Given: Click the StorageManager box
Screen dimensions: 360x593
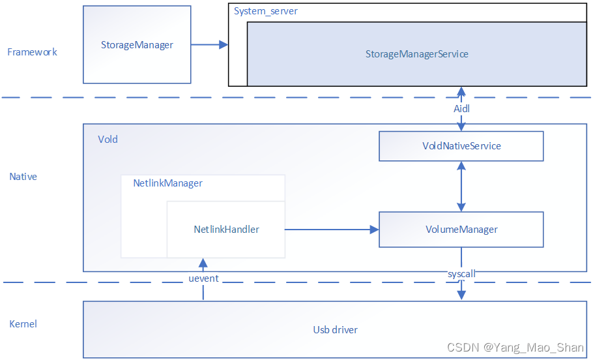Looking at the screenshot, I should pos(137,45).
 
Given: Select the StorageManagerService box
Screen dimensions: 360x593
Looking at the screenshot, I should pos(416,54).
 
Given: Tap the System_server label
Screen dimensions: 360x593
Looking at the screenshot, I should pos(266,11).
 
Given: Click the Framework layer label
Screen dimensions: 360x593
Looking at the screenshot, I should pos(32,52).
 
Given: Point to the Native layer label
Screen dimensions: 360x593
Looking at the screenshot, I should pos(23,177).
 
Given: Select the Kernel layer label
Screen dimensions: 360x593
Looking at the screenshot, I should pos(23,323).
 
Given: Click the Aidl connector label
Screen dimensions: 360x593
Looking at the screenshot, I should pos(461,109).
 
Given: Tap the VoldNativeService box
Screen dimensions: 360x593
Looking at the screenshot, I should pos(461,146).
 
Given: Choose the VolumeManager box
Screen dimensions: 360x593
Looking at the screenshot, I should pos(461,230).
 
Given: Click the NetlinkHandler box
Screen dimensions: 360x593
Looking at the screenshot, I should pos(226,230).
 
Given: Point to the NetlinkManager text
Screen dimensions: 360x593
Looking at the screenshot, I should pos(167,183).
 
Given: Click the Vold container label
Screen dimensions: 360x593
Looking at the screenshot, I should pos(108,139).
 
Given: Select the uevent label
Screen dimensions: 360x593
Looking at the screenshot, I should pos(203,278).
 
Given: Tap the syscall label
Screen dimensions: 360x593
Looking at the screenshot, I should pos(461,275).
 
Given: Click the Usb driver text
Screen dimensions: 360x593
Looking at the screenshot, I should pos(335,329).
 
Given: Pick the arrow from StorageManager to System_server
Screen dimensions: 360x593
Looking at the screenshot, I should pos(209,45).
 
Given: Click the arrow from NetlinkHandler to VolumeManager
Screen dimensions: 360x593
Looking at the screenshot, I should pos(332,230).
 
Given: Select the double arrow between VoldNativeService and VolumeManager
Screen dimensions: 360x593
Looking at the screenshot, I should pos(461,186).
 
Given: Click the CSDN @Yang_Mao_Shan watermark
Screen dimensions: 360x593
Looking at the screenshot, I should pos(517,347).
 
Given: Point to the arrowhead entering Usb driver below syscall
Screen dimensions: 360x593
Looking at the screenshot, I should pos(461,295).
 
